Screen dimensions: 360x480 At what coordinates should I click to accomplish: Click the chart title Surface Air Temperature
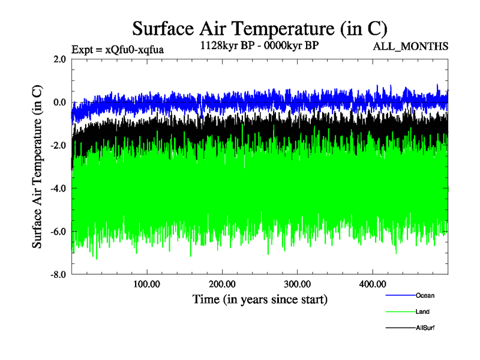coord(259,28)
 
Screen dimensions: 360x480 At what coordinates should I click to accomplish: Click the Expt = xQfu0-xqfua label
coord(117,49)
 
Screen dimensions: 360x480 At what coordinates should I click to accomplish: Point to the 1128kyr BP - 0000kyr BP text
coord(259,46)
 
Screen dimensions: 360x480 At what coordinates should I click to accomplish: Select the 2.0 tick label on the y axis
coord(59,59)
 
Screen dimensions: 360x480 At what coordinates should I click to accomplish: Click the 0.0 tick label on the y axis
coord(59,102)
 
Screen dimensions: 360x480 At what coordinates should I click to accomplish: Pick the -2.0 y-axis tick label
coord(58,145)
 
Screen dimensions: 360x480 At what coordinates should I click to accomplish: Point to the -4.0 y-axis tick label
coord(58,188)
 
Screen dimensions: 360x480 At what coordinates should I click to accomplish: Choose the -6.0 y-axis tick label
coord(58,232)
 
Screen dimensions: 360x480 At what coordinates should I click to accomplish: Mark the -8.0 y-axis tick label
coord(58,275)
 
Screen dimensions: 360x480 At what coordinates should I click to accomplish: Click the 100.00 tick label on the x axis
coord(147,283)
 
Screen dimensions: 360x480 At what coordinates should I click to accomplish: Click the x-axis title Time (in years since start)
coord(259,299)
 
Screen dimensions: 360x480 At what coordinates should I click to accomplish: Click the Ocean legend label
coord(425,295)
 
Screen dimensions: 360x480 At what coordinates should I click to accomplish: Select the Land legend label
coord(422,311)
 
